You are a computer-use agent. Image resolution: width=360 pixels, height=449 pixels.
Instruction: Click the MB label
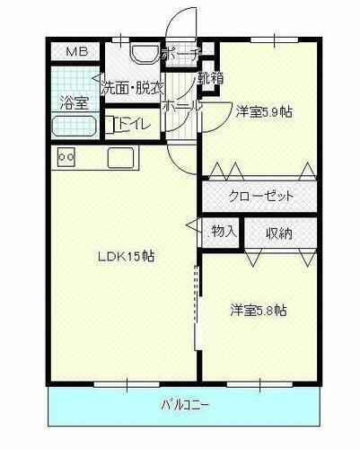coord(74,53)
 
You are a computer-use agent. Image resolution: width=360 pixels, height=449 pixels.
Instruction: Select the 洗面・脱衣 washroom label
coord(132,88)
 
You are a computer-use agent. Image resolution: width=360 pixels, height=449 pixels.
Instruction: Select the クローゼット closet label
coord(259,194)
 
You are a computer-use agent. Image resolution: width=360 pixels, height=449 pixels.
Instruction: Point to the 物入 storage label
coord(223,232)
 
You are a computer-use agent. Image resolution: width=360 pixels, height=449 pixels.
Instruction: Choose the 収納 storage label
coord(278,233)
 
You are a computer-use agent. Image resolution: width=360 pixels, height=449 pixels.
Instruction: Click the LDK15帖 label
coord(127,256)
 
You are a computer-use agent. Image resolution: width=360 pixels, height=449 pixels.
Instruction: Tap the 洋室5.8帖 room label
coord(258,311)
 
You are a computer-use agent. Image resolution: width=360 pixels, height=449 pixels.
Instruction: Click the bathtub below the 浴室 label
coord(73,126)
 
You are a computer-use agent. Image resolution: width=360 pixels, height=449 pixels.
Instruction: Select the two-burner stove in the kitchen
coord(66,157)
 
